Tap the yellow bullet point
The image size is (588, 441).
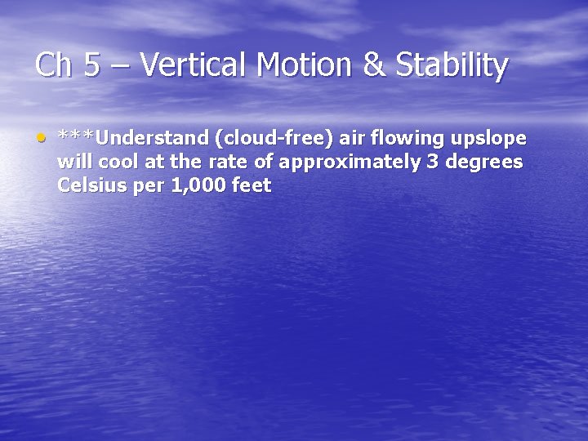pyautogui.click(x=40, y=137)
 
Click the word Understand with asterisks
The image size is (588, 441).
pyautogui.click(x=132, y=138)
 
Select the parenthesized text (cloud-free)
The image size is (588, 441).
pyautogui.click(x=277, y=138)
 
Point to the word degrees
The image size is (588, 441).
pyautogui.click(x=483, y=163)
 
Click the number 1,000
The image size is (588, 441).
pyautogui.click(x=194, y=185)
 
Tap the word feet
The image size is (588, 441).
pyautogui.click(x=252, y=185)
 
